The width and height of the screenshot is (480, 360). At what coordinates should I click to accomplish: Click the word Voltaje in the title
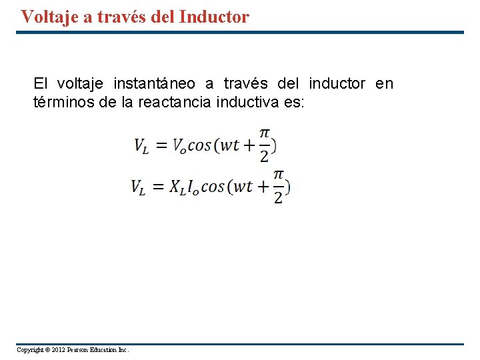click(51, 17)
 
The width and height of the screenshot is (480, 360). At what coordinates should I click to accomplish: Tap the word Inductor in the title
click(214, 17)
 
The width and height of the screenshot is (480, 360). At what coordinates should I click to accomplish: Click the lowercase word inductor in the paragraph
click(337, 83)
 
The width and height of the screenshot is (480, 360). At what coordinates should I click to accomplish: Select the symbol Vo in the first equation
click(179, 146)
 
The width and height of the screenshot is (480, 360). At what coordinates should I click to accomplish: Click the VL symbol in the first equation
click(141, 146)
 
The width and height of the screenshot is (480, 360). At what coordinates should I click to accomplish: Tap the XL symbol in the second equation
click(177, 188)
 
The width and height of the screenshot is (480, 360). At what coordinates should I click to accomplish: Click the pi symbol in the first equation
click(265, 134)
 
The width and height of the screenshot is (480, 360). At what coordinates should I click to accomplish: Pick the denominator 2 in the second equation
click(279, 198)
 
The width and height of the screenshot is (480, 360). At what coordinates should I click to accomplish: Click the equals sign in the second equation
click(157, 188)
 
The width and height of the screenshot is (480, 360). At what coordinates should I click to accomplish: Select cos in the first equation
click(199, 146)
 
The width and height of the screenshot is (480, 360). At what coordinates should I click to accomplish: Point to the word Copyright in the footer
click(29, 350)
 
